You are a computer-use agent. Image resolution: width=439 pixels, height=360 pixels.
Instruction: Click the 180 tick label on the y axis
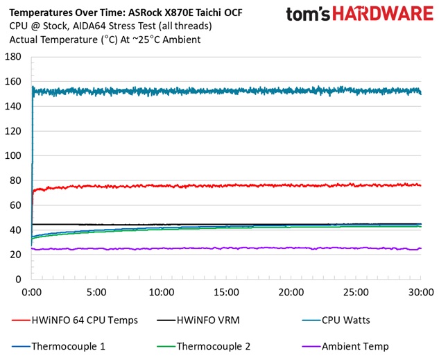click(x=12, y=57)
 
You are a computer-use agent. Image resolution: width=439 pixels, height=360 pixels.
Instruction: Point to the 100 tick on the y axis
click(x=12, y=155)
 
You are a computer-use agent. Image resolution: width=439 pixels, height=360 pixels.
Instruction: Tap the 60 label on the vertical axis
click(x=15, y=205)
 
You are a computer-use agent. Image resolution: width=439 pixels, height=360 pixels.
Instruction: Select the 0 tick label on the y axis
click(x=18, y=279)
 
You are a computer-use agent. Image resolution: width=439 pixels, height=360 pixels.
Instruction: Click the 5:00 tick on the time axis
click(x=96, y=292)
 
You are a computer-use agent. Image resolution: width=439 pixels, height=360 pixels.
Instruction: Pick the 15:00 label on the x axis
click(x=226, y=292)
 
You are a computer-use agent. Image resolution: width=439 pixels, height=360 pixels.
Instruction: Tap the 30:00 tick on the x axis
click(x=420, y=292)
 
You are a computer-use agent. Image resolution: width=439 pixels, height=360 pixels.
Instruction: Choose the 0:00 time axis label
click(x=32, y=292)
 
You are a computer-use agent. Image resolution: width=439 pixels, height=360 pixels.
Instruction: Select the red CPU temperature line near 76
click(x=277, y=185)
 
